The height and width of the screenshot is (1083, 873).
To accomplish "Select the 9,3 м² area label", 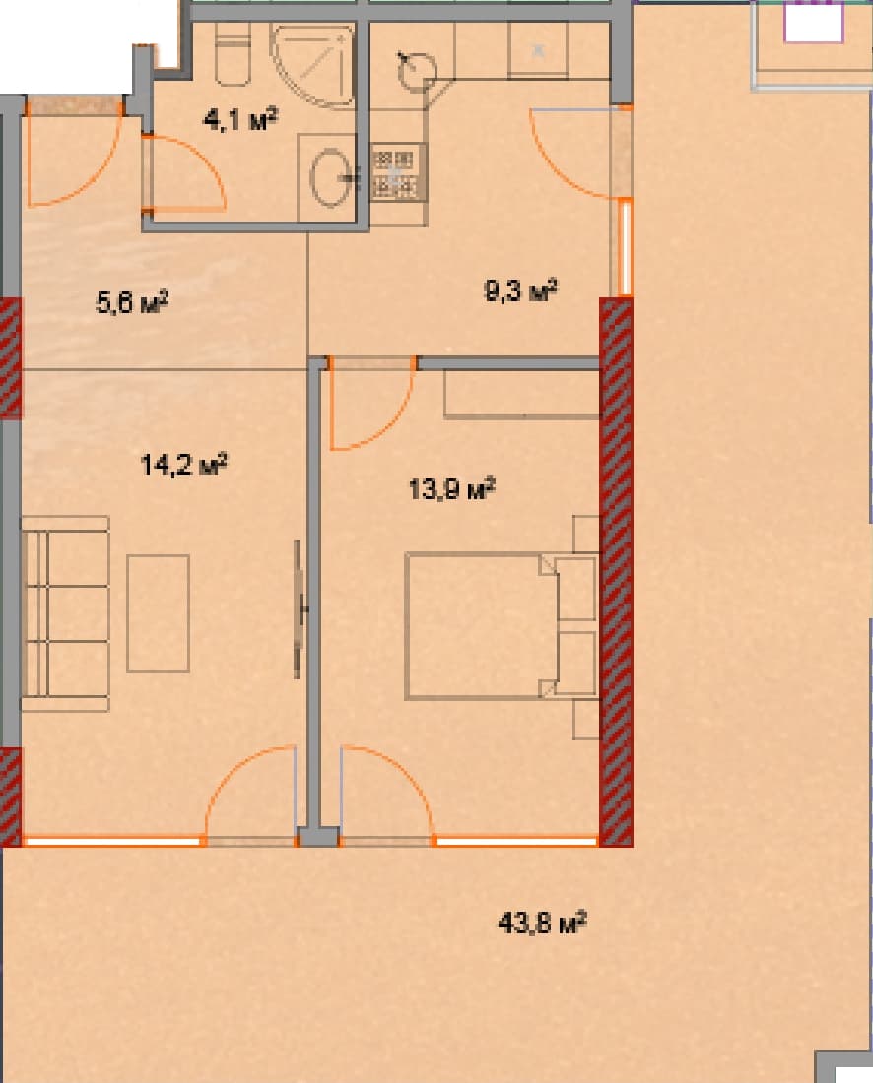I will (x=521, y=291).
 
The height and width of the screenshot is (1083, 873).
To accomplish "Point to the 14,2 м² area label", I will (x=185, y=464).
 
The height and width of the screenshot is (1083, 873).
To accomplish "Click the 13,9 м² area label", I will (x=451, y=488).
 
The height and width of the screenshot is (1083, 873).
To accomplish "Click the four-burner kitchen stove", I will (x=398, y=171).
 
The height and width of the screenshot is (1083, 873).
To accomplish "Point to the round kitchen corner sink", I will (x=417, y=68).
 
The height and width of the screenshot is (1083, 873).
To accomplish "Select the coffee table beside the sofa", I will (x=158, y=613).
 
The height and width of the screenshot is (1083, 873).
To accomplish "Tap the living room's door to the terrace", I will (x=250, y=794).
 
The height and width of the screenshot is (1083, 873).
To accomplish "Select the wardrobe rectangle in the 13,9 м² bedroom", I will (x=522, y=395).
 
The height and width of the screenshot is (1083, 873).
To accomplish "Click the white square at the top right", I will (x=814, y=21).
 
